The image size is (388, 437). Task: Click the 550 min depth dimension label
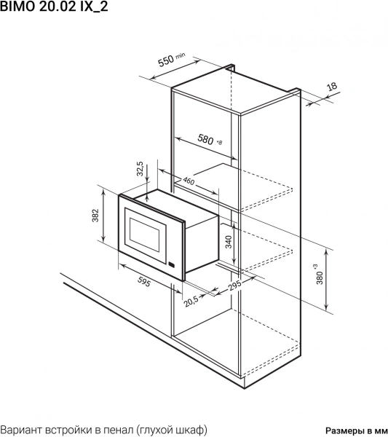[171, 60]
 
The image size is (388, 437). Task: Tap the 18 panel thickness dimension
[331, 87]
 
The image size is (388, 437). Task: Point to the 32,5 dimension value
[140, 169]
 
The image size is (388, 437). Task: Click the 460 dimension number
[189, 181]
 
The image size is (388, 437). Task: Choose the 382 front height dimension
[95, 215]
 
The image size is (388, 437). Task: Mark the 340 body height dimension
[229, 242]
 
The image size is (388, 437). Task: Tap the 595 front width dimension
[144, 283]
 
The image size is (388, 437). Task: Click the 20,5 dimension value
[191, 301]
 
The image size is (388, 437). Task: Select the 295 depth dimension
[234, 286]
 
